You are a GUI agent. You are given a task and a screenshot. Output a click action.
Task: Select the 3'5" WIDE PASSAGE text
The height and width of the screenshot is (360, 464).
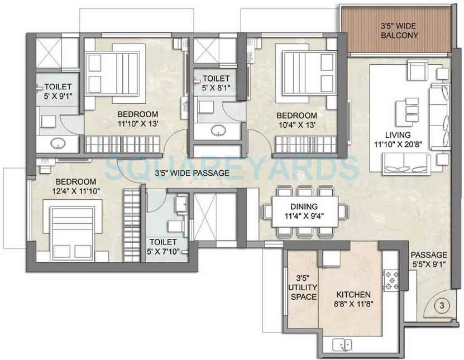coord(192,173)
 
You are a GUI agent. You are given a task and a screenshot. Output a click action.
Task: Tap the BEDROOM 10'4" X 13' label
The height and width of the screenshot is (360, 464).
coord(301,119)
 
